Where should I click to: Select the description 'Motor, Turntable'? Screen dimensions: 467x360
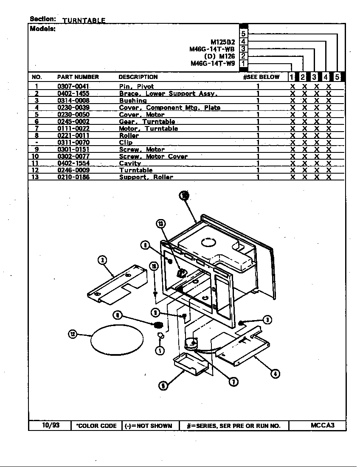148,129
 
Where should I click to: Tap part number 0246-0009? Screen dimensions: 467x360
73,170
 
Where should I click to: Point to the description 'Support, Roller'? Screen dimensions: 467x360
146,177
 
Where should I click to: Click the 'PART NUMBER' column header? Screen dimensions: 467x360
78,77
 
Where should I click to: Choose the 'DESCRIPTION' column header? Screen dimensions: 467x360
138,77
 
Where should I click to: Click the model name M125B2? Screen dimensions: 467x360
222,42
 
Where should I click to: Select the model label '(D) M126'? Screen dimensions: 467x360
219,56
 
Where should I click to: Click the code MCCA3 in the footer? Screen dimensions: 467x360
322,425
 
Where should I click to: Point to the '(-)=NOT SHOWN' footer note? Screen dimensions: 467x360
148,426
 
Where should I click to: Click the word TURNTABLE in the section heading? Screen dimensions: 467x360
84,20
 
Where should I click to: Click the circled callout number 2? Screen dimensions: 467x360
102,260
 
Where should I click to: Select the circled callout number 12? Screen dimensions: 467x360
73,334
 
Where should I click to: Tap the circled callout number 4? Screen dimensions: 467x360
275,374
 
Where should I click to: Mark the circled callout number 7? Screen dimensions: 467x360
233,382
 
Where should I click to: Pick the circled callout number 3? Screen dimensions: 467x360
267,320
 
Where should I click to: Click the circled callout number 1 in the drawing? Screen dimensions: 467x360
160,350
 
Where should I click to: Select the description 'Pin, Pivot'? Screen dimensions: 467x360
136,87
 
